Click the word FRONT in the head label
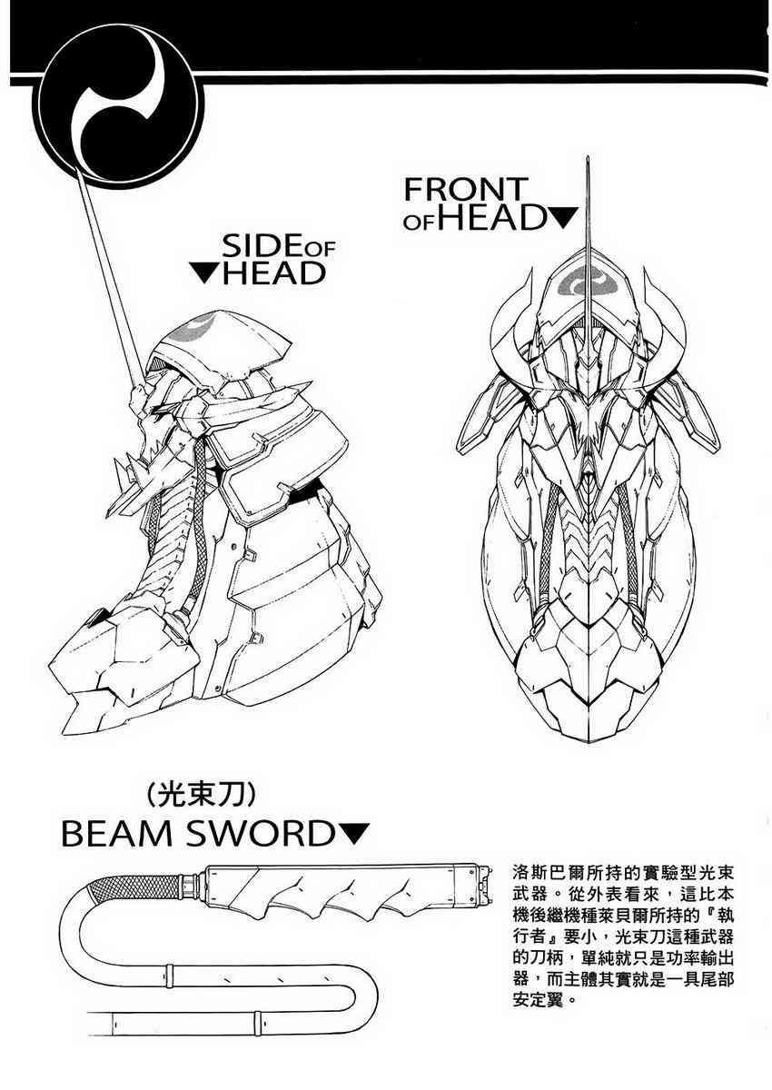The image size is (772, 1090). (x=466, y=189)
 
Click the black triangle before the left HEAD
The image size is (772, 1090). (x=203, y=273)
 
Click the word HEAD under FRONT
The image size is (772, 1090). (x=491, y=217)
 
